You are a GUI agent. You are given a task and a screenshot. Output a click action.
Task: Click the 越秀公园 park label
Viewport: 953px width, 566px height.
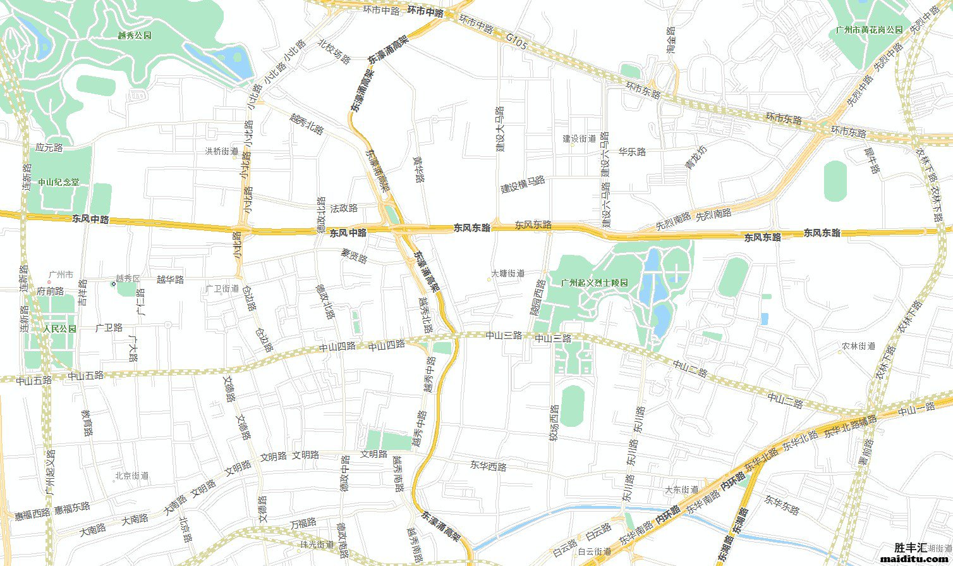[x=135, y=36]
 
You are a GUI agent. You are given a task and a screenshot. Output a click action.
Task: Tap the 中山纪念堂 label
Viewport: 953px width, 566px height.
[x=59, y=182]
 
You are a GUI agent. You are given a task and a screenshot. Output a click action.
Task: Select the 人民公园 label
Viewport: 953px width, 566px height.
[x=59, y=329]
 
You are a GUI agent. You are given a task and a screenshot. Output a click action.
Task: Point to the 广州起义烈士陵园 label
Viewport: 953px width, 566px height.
[x=595, y=283]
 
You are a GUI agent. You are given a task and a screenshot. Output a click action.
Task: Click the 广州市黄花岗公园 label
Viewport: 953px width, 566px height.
[x=869, y=30]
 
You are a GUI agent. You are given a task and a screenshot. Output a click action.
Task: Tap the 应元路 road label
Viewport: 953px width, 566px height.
[x=49, y=148]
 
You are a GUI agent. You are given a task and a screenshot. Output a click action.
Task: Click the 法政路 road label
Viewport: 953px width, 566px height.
[x=344, y=207]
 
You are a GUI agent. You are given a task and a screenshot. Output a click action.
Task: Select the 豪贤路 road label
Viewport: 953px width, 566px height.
[x=354, y=256]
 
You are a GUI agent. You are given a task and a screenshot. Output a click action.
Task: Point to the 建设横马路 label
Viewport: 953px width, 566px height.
[x=523, y=184]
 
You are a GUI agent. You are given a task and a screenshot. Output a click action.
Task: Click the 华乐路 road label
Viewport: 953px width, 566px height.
[x=632, y=152]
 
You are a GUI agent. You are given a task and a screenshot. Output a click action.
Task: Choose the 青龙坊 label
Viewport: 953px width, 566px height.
[x=696, y=157]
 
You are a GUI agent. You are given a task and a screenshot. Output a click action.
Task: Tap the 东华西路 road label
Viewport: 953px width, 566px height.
[x=489, y=467]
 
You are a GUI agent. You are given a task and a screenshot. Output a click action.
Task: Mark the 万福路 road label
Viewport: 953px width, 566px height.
[x=303, y=524]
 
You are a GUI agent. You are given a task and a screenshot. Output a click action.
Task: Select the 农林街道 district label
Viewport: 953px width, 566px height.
[x=858, y=346]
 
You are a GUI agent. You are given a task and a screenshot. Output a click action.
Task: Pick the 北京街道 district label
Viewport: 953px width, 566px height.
[x=131, y=476]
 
